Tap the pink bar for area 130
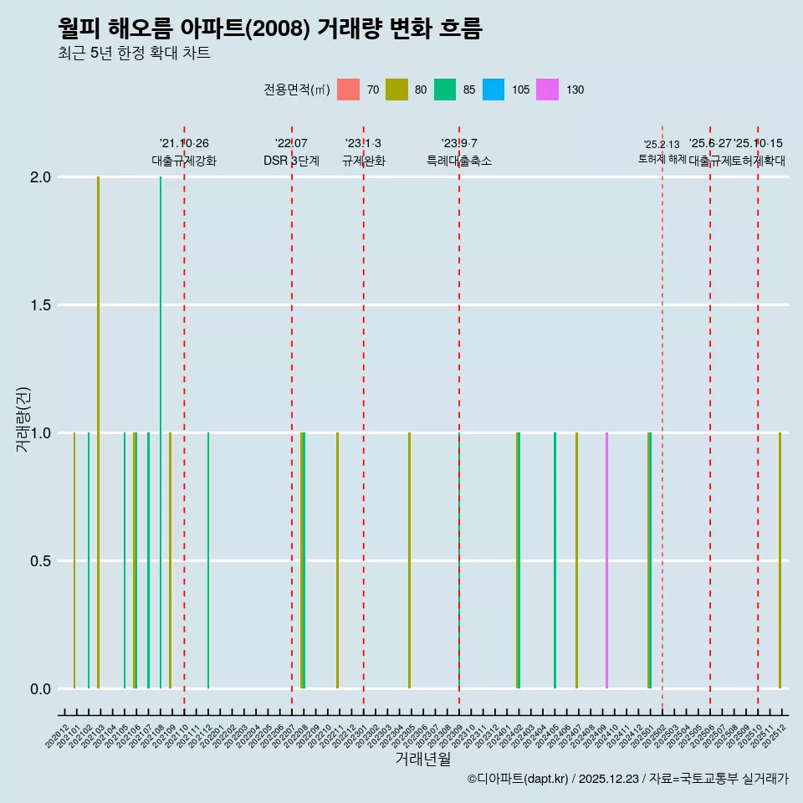tap(606, 560)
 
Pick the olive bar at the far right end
tap(780, 560)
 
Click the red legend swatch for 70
tap(348, 90)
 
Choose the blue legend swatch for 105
tap(494, 90)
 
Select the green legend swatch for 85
tap(445, 90)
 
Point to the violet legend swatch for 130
tap(548, 90)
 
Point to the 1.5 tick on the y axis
tap(40, 305)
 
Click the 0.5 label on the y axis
tap(40, 561)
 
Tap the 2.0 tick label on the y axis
tap(40, 177)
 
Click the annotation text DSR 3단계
tap(291, 161)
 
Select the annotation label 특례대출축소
tap(459, 161)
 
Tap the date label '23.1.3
tap(363, 144)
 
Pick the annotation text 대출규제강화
tap(184, 161)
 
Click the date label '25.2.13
tap(662, 145)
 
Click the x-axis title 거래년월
tap(422, 760)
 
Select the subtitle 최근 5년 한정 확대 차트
tap(134, 54)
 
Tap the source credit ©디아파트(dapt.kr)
tap(519, 780)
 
